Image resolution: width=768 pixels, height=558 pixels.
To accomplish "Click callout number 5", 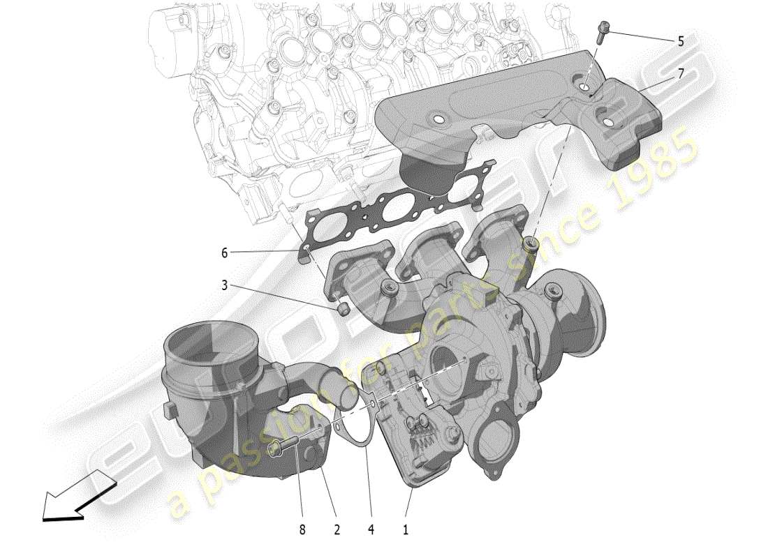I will click(680, 41).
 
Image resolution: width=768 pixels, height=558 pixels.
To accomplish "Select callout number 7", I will click(680, 72).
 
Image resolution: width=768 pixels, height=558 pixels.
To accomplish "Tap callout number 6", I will click(225, 253).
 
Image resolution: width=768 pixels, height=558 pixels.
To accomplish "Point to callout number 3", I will click(225, 285).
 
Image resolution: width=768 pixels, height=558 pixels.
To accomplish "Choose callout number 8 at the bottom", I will click(302, 530).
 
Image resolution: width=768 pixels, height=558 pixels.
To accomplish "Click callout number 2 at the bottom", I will click(337, 530).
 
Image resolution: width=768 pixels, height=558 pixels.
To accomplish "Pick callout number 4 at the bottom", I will click(371, 530).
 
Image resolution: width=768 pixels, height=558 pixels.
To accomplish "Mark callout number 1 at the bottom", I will click(405, 530).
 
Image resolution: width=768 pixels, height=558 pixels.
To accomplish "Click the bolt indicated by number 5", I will click(602, 32).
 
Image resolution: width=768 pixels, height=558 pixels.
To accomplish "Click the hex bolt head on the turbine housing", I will click(554, 290).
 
